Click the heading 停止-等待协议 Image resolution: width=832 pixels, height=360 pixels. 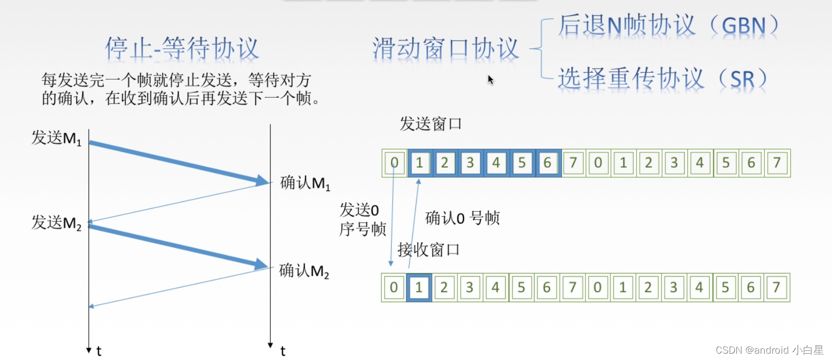(182, 49)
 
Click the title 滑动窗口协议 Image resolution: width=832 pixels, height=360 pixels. (445, 49)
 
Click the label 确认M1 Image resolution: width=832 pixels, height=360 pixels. (305, 184)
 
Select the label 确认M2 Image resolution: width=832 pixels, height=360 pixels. (304, 271)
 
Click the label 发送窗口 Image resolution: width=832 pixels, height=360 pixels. (430, 125)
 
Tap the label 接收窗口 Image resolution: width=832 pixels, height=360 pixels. (428, 250)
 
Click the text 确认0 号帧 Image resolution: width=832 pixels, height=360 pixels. (462, 218)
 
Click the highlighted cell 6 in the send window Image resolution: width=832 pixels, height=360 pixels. (547, 163)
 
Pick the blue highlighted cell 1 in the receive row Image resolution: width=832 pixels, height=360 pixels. (419, 288)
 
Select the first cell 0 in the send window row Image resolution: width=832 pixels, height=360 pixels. (394, 163)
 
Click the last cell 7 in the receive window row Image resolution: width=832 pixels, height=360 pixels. (776, 288)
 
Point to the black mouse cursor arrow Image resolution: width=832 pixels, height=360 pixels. (490, 80)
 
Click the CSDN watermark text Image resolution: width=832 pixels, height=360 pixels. (769, 350)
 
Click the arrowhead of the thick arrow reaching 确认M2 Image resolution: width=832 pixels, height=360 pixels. (261, 264)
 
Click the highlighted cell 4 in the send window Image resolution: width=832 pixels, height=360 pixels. (496, 163)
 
